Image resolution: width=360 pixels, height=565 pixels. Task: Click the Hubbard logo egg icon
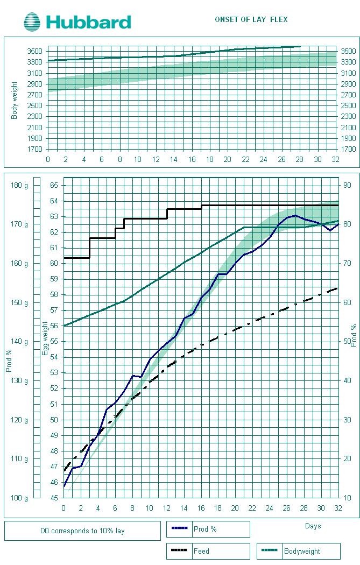coord(32,22)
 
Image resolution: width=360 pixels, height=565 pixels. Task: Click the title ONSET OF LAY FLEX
coord(251,19)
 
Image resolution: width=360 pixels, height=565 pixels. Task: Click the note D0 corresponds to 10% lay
coord(82,531)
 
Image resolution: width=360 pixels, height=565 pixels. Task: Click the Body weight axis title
coord(15,100)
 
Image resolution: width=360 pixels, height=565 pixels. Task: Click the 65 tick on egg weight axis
coord(54,186)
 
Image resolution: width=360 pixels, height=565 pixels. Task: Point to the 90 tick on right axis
coord(348,186)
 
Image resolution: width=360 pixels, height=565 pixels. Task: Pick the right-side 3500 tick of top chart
coord(348,51)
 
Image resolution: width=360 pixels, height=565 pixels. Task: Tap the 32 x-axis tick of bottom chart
coord(337,508)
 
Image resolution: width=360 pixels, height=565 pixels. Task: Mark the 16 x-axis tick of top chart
coord(192,159)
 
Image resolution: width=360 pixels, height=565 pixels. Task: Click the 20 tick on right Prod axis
coord(348,458)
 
